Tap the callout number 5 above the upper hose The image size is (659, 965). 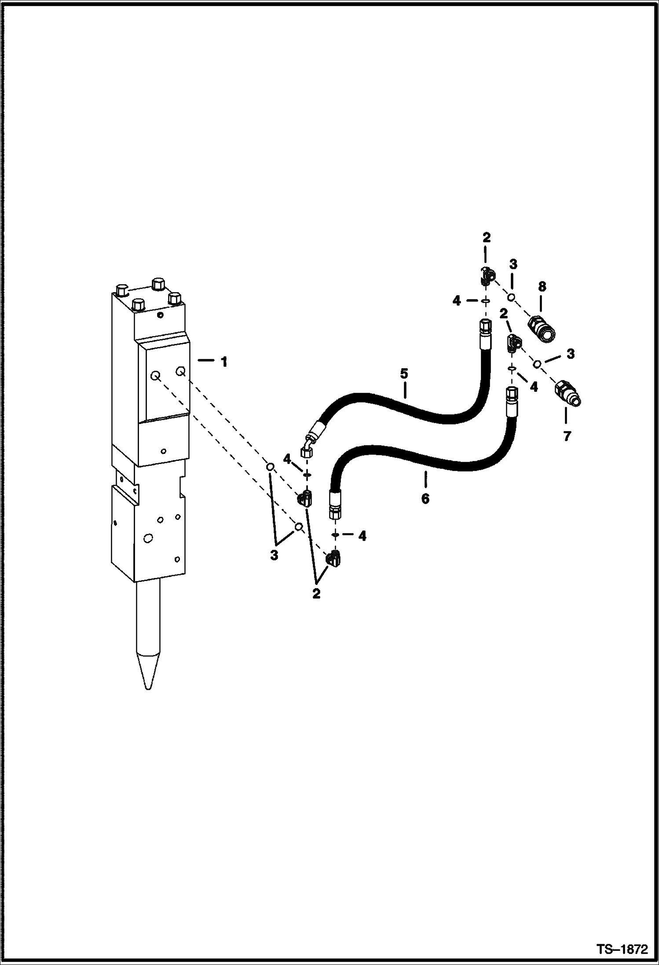tap(404, 374)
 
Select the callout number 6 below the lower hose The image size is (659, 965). tap(425, 499)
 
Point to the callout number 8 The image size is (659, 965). tap(542, 287)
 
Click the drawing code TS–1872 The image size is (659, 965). tap(622, 949)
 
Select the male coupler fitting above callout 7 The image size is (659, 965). tap(568, 392)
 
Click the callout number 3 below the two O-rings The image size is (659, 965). tap(274, 556)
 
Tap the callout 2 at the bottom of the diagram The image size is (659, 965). tap(316, 594)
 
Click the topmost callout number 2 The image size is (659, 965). tap(486, 238)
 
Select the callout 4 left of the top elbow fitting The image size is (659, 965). tap(457, 301)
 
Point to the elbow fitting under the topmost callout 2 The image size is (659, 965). tap(486, 277)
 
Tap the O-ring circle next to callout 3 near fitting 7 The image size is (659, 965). tap(538, 364)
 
